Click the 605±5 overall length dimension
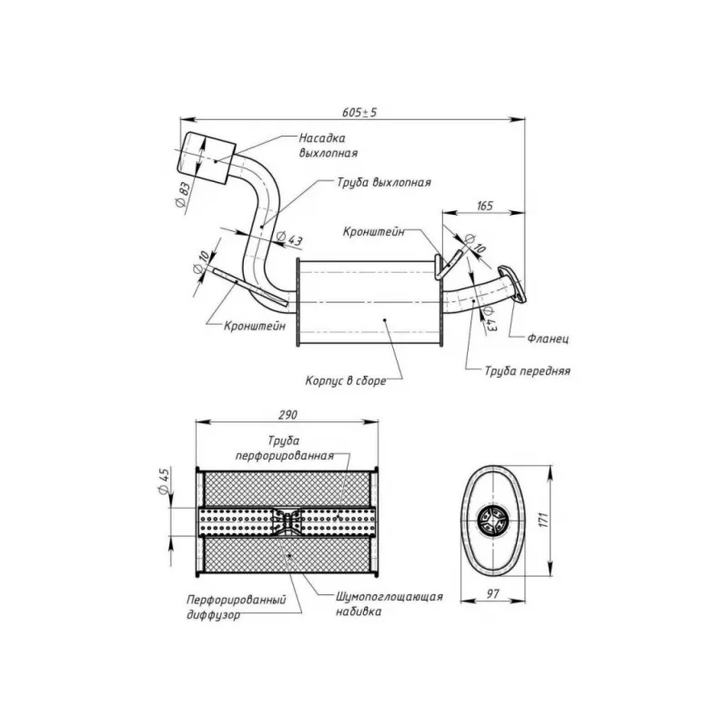[x=359, y=112]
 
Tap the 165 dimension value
[x=484, y=206]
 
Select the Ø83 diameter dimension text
[x=184, y=195]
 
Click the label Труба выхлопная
[x=384, y=183]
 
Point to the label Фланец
[x=548, y=339]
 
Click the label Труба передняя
[x=528, y=371]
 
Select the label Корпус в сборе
[x=346, y=381]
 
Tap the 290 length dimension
[x=288, y=415]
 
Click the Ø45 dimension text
[x=164, y=481]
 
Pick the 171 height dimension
[x=544, y=520]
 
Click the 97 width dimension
[x=492, y=594]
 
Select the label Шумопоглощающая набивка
[x=389, y=604]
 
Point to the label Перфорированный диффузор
[x=237, y=607]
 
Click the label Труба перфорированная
[x=284, y=448]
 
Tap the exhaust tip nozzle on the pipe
[x=206, y=157]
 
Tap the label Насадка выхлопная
[x=329, y=146]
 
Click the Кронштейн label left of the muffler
[x=255, y=326]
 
